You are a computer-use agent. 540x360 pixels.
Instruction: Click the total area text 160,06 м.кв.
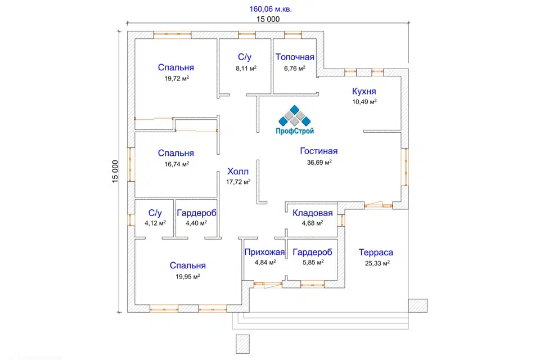coord(271,9)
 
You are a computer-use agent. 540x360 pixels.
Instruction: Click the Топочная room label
coord(295,57)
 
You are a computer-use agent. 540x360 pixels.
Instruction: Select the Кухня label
coord(364,91)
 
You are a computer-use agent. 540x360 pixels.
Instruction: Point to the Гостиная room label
coord(318,151)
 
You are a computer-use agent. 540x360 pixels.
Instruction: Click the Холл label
coord(237,172)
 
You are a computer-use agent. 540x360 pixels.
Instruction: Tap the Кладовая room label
coord(312,213)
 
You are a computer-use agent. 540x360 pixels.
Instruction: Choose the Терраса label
coord(376,253)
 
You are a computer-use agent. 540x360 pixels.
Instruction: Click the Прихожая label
coord(264,252)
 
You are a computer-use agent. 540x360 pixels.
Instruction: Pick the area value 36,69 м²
coord(319,162)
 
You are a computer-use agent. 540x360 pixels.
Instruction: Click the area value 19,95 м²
coord(188,276)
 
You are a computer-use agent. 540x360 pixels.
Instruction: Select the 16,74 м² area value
coord(176,164)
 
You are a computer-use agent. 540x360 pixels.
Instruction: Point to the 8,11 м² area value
coord(246,68)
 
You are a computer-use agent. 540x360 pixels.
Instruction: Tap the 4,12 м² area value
coord(155,223)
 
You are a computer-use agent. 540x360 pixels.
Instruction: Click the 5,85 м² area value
coord(312,262)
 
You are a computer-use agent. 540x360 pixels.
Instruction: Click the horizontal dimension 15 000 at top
coord(268,19)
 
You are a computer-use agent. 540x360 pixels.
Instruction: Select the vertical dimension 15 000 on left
coord(115,172)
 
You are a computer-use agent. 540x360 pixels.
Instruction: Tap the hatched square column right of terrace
coord(417,305)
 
